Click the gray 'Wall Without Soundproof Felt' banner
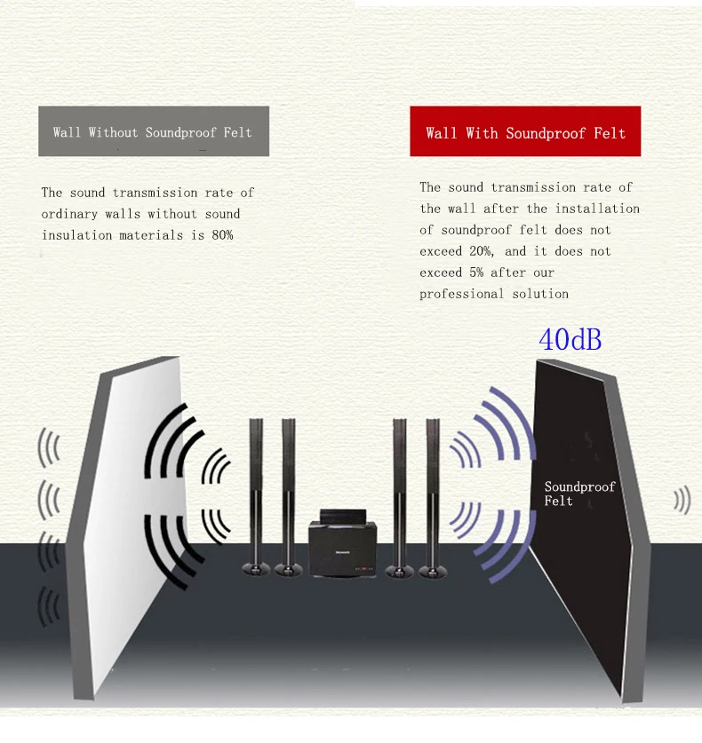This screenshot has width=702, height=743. (153, 132)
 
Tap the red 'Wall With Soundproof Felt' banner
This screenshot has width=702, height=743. (525, 133)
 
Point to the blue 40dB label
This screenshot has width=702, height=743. (570, 339)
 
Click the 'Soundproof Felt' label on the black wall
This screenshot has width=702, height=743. (579, 494)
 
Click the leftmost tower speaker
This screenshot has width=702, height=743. (256, 493)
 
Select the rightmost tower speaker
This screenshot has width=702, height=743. (433, 493)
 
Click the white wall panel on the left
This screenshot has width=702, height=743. (133, 524)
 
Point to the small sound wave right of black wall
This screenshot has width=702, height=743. (682, 500)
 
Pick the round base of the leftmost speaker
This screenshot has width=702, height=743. (256, 568)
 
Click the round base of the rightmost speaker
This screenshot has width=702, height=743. (434, 568)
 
